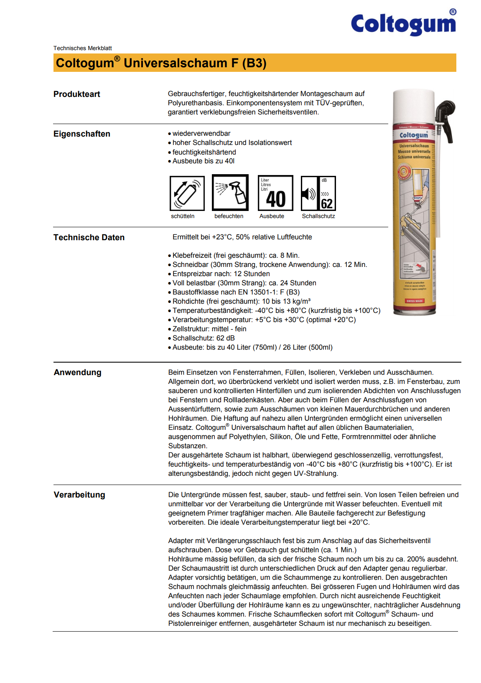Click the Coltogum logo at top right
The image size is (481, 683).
pyautogui.click(x=404, y=24)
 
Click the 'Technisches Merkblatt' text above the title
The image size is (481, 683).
pyautogui.click(x=82, y=48)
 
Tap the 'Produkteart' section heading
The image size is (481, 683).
pyautogui.click(x=76, y=94)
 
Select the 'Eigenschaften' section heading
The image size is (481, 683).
pyautogui.click(x=81, y=134)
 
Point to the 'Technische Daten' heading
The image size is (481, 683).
pyautogui.click(x=89, y=238)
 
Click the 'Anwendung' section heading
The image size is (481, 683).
pyautogui.click(x=77, y=373)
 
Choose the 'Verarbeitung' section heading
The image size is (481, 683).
pyautogui.click(x=79, y=495)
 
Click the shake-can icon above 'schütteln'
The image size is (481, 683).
pyautogui.click(x=187, y=193)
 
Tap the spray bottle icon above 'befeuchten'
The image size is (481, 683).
pyautogui.click(x=230, y=193)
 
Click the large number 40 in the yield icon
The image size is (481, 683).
pyautogui.click(x=276, y=199)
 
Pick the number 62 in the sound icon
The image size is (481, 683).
pyautogui.click(x=326, y=203)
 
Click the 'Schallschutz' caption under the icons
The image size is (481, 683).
pyautogui.click(x=318, y=216)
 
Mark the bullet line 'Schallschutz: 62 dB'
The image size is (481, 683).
pyautogui.click(x=203, y=338)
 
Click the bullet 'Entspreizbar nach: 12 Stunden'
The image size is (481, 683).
pyautogui.click(x=221, y=274)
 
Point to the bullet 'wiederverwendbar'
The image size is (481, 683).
pyautogui.click(x=201, y=134)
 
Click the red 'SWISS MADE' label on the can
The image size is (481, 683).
pyautogui.click(x=414, y=301)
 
